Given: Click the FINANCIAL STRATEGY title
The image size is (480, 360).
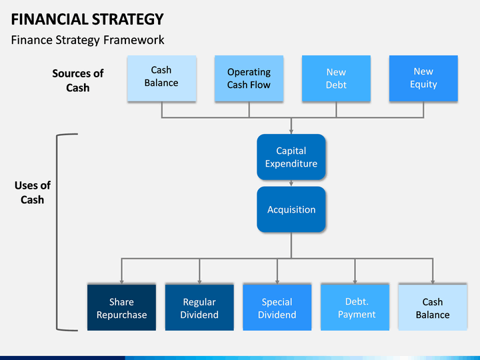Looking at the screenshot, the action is coord(87,19).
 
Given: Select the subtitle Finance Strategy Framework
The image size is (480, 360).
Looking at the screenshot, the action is coord(87,40).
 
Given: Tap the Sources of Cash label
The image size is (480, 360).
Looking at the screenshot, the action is coord(78,81).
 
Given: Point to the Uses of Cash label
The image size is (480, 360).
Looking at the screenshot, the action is coord(33,193).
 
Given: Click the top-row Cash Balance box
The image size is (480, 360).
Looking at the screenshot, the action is coord(161,78).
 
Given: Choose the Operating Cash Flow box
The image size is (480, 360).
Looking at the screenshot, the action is coord(249,78).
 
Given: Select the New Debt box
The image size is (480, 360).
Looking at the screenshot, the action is coord(336,78).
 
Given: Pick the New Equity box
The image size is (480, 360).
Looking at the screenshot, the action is coord(423,78).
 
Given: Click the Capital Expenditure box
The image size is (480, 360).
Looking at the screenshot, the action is coord(291,157).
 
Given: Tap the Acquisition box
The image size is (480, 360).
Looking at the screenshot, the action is coord(291,209).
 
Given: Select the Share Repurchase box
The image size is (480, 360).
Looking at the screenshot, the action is coord(121,307).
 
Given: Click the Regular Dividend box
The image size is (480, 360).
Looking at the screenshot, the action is coord(199,307).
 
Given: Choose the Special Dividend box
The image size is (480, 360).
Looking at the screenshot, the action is coord(277,307).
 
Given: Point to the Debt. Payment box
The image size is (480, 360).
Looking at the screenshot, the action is coord(355,307).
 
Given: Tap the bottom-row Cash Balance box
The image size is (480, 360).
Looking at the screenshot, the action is coord(433,307).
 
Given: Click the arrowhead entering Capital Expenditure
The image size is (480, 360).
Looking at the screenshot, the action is coord(291,132).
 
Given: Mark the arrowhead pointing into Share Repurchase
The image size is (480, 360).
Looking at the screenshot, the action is coord(121,282).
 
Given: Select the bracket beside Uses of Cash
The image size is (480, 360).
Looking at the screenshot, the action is coord(57,232).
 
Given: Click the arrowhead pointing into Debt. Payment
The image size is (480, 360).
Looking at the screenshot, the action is coord(355,282).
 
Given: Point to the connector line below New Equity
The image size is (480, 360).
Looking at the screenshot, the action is coord(423,109).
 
